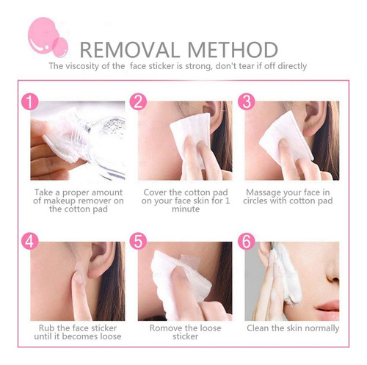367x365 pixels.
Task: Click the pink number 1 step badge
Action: [x=30, y=102]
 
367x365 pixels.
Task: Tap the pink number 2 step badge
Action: [x=138, y=102]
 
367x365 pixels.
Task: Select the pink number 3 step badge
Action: [x=247, y=102]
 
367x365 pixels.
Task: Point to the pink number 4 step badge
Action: [x=30, y=241]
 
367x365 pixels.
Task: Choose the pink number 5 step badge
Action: [x=138, y=241]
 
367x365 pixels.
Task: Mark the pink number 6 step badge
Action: [x=247, y=241]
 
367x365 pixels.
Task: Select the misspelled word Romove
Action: [x=164, y=328]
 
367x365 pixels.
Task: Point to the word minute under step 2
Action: [x=186, y=209]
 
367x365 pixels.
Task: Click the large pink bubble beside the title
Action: [x=43, y=35]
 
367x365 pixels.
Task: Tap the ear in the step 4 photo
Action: [x=101, y=259]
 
